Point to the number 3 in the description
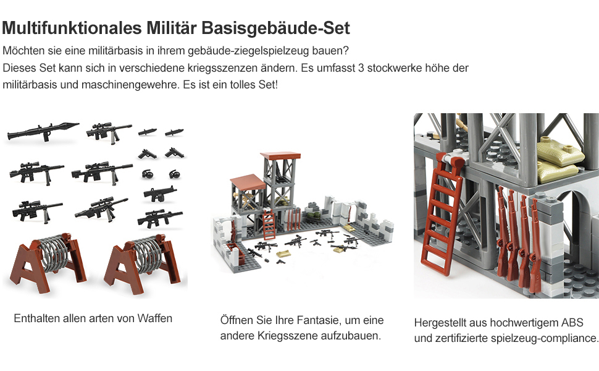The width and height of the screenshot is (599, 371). [361, 68]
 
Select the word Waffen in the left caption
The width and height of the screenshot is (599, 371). [156, 318]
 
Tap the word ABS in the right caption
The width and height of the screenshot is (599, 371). [572, 323]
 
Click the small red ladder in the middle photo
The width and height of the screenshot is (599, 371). [270, 227]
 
